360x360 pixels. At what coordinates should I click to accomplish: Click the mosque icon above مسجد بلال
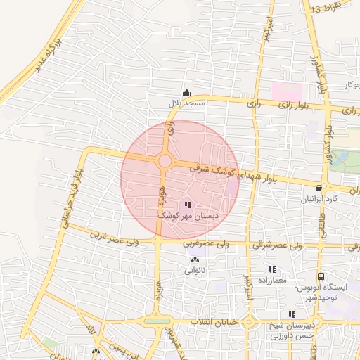(186, 92)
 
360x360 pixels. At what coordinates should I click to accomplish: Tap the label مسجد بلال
(186, 103)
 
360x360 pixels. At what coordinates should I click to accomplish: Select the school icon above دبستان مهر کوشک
(187, 205)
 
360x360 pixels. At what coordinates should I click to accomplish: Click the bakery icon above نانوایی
(195, 260)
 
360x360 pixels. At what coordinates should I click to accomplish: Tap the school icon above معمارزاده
(272, 270)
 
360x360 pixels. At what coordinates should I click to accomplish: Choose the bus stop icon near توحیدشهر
(321, 278)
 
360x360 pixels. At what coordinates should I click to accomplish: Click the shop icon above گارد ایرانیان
(321, 188)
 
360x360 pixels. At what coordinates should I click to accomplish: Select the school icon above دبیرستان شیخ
(291, 315)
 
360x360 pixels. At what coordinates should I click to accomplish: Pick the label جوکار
(349, 85)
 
